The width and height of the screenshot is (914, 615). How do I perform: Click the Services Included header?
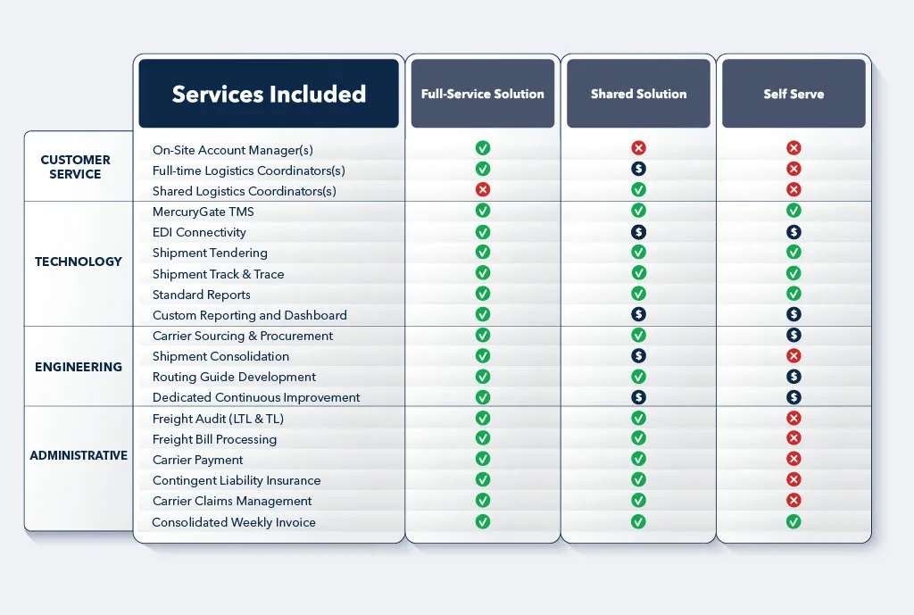click(x=269, y=94)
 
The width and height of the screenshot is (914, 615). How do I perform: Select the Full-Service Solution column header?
click(x=483, y=94)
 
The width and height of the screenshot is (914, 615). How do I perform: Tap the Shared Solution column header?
click(x=638, y=94)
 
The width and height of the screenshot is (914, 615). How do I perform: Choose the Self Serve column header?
click(x=794, y=94)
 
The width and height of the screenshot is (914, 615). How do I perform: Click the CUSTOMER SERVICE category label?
click(x=76, y=167)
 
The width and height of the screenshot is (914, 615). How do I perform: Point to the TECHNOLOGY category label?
click(x=79, y=262)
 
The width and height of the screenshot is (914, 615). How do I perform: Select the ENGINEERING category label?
click(x=79, y=367)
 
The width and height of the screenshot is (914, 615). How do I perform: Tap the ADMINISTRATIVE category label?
click(x=79, y=455)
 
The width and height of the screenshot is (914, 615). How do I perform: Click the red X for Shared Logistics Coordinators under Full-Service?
click(x=483, y=189)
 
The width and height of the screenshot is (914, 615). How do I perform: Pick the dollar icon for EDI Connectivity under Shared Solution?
click(x=638, y=232)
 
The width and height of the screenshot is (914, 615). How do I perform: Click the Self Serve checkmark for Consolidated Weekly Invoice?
click(x=794, y=521)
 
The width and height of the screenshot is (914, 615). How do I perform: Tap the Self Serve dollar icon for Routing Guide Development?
click(x=794, y=377)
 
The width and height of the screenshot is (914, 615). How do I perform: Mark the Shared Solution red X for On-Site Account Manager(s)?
click(x=638, y=148)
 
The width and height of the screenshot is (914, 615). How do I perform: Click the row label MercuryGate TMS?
click(x=204, y=212)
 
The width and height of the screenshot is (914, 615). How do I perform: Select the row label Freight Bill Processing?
click(x=214, y=439)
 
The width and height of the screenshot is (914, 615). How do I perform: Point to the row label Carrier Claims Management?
click(x=232, y=501)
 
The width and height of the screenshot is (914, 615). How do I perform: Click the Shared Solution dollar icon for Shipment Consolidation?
click(x=638, y=356)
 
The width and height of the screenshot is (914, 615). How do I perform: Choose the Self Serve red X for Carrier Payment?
click(x=794, y=459)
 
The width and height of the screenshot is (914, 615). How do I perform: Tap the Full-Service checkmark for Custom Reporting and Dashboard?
click(x=483, y=314)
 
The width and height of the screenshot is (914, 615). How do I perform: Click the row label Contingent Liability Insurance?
click(x=237, y=480)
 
